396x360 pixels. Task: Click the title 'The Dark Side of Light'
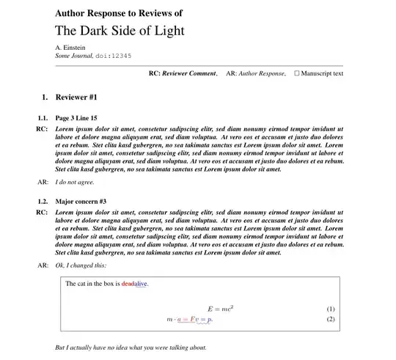pos(120,31)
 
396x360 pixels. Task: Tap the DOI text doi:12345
pos(111,56)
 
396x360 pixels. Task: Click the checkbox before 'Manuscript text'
pos(297,73)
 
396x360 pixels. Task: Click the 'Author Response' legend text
pos(261,73)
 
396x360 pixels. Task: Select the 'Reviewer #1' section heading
pos(76,98)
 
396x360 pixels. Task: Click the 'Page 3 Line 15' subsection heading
pos(76,118)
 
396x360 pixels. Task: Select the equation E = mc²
pos(220,309)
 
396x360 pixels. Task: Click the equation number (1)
pos(330,309)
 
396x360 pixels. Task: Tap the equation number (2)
pos(330,319)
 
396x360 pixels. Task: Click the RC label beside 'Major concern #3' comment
pos(42,212)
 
